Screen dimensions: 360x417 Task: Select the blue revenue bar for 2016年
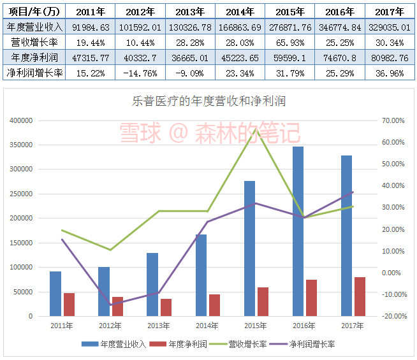point(298,231)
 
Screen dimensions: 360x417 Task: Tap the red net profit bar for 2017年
point(360,296)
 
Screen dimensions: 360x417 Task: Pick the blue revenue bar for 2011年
point(55,294)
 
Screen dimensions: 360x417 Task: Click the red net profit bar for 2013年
point(166,307)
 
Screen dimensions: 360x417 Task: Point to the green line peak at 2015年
point(255,129)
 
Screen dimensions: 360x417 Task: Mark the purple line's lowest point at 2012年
point(110,305)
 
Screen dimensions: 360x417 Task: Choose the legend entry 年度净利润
point(187,345)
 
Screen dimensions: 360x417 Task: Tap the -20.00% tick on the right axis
point(392,316)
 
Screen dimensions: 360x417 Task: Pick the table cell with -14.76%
point(140,73)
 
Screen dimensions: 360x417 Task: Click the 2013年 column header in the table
point(190,11)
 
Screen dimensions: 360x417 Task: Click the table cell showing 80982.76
point(391,57)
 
